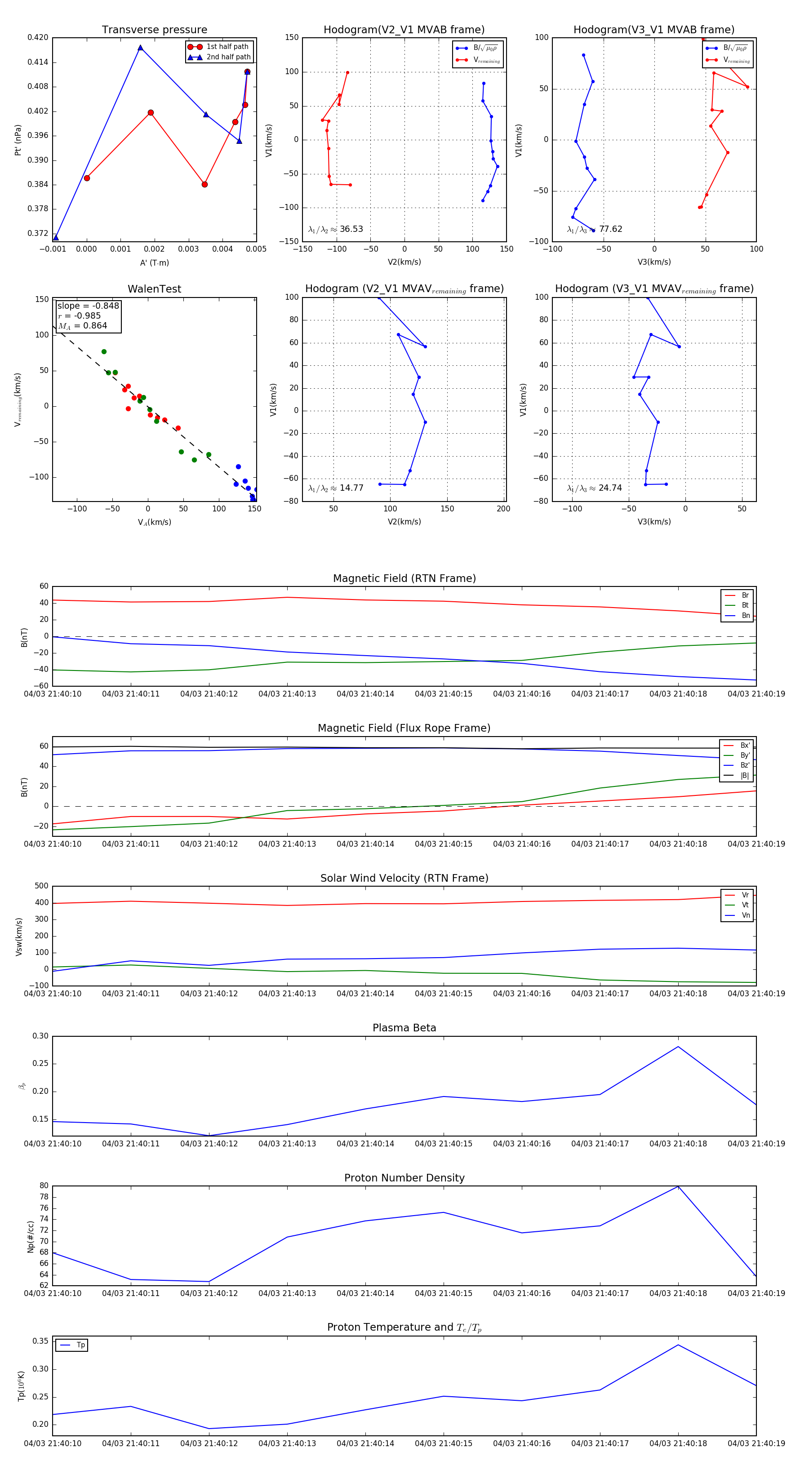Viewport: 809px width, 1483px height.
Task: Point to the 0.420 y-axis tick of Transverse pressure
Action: (x=38, y=37)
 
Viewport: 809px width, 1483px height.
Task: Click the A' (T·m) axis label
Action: (x=154, y=262)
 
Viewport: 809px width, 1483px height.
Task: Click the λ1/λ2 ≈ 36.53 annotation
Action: (x=336, y=229)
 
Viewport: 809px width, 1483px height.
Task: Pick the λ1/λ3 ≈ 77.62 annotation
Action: (x=594, y=229)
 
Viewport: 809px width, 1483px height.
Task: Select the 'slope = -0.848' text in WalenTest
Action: (x=88, y=306)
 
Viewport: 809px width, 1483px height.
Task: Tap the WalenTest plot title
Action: (x=154, y=289)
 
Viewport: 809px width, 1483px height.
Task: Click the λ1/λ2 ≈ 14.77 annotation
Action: (x=336, y=488)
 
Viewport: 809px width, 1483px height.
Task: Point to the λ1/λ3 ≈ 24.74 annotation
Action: (x=594, y=488)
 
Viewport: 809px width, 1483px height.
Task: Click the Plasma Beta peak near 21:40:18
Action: (x=678, y=1047)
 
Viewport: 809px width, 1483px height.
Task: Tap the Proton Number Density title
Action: (x=404, y=1178)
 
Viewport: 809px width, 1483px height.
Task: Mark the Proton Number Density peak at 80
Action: (x=678, y=1186)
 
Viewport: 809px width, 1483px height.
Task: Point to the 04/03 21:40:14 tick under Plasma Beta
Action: (x=365, y=1144)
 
